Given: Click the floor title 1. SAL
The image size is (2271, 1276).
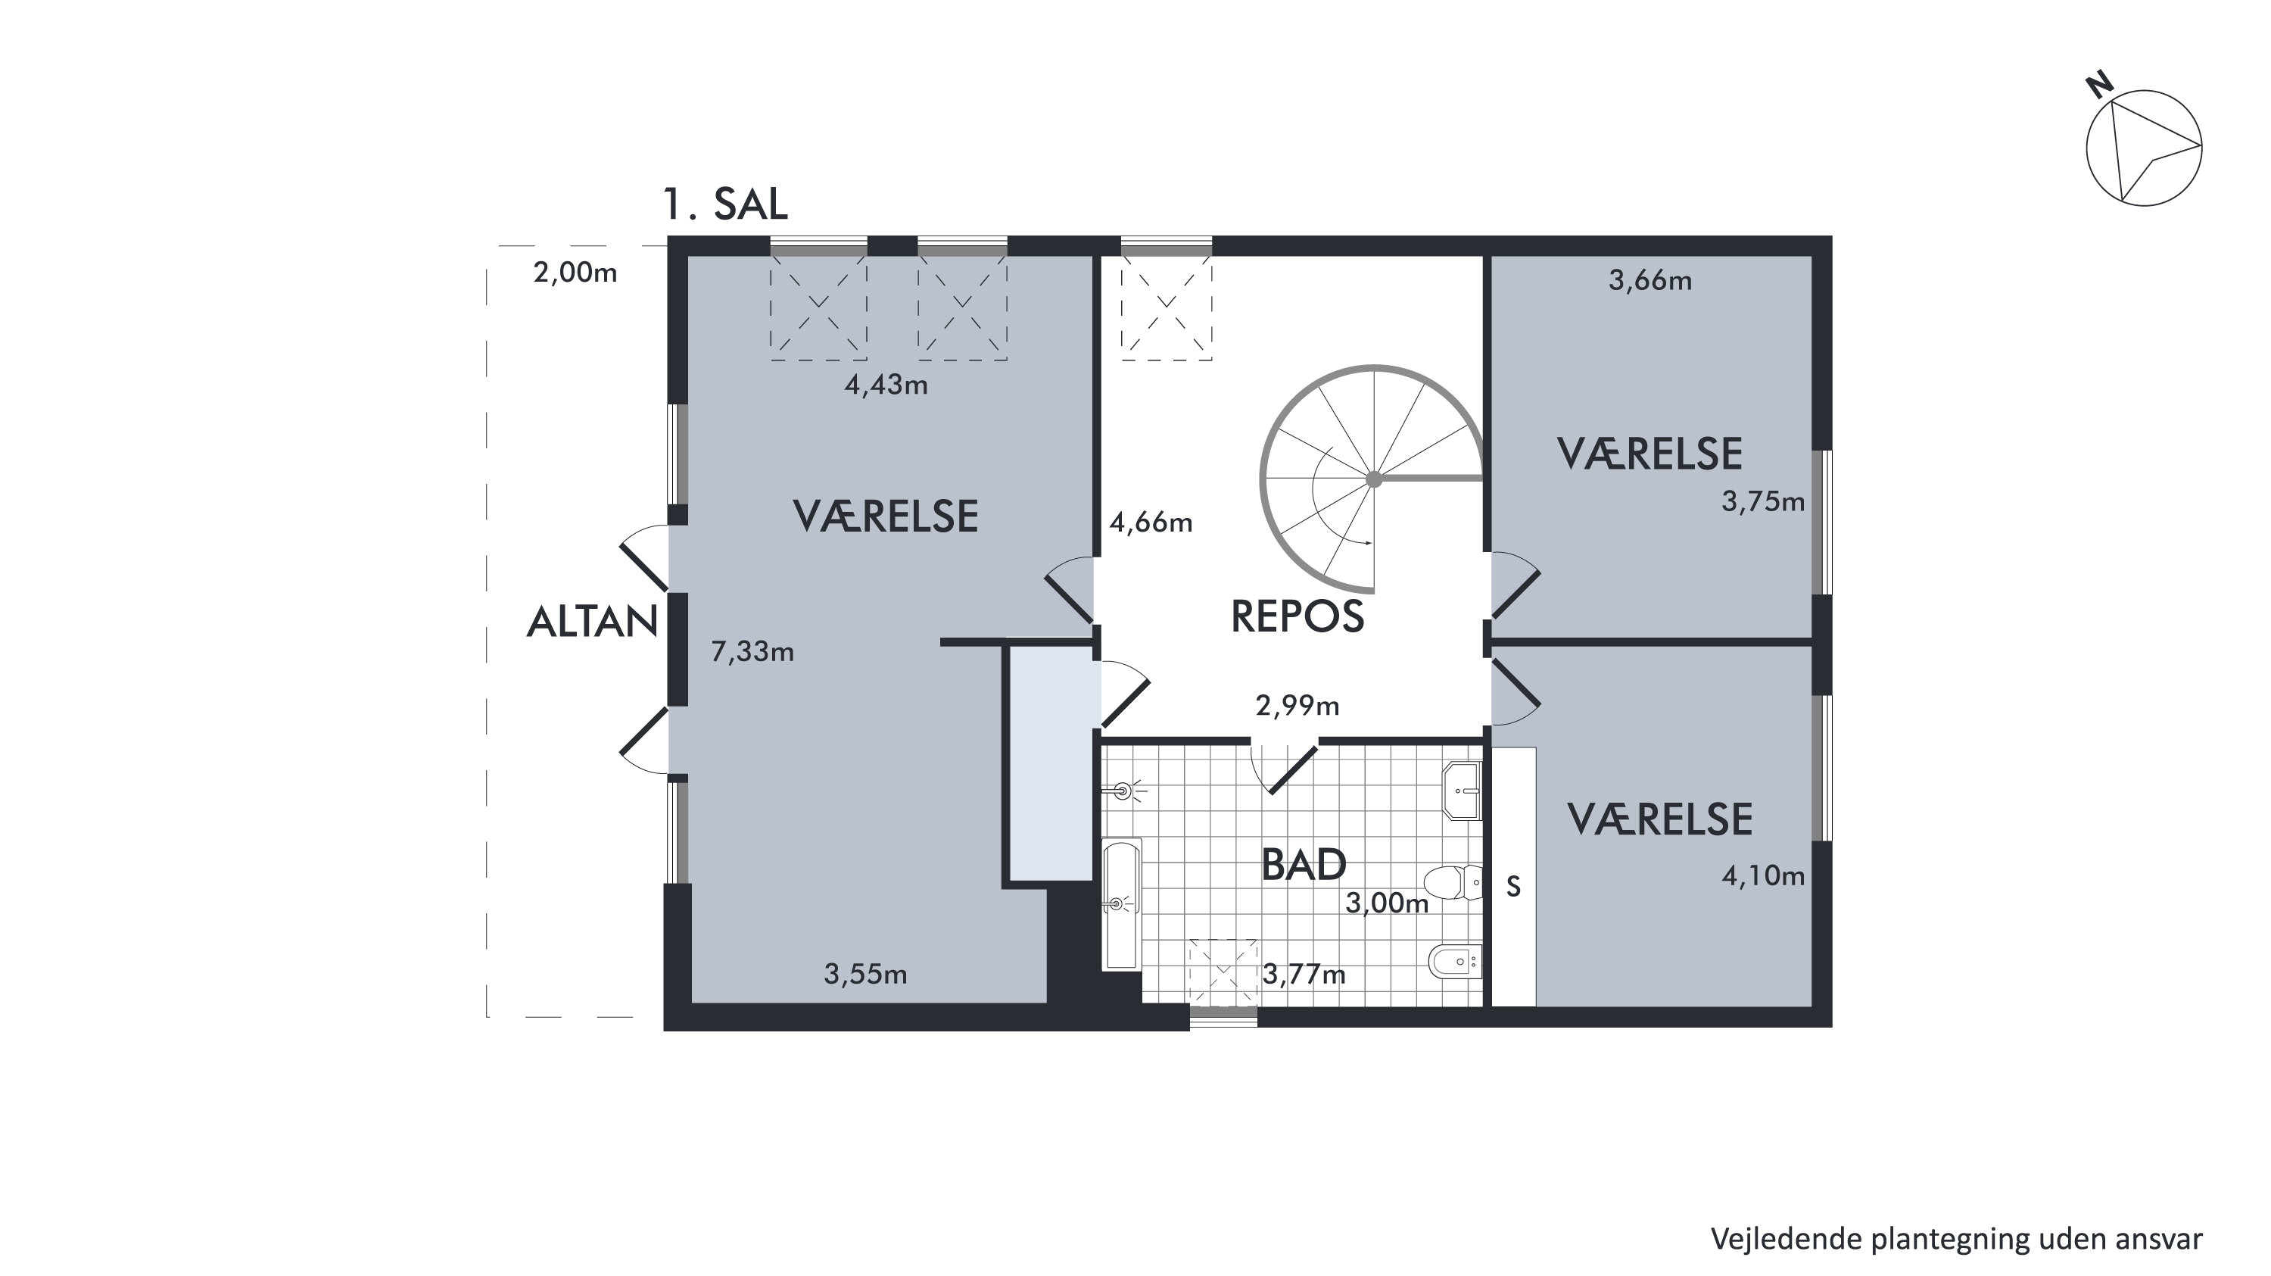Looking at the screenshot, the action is [724, 204].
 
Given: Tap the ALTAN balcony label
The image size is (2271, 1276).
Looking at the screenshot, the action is [593, 622].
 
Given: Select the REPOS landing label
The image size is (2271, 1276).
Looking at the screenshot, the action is [1297, 616].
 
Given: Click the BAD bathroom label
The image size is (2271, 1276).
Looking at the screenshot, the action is [1304, 865].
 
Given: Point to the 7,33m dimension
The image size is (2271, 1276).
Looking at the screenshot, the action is [752, 652].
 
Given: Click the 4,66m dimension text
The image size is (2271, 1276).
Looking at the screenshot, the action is [1151, 523].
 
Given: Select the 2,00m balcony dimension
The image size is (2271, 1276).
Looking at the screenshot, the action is [575, 273].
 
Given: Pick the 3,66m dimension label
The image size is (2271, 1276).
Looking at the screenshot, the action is [1650, 280].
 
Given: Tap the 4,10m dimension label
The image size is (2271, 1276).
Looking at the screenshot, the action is [1763, 875].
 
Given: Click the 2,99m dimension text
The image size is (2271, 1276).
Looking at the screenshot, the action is [1297, 706].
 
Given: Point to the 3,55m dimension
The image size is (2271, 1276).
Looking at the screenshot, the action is [866, 975].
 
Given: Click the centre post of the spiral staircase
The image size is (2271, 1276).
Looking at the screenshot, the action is [1373, 479].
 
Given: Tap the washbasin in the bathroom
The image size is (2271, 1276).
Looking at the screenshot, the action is [1463, 791].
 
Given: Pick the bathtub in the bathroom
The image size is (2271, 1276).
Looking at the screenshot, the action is [1121, 904].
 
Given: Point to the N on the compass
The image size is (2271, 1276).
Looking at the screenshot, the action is [2100, 86].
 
